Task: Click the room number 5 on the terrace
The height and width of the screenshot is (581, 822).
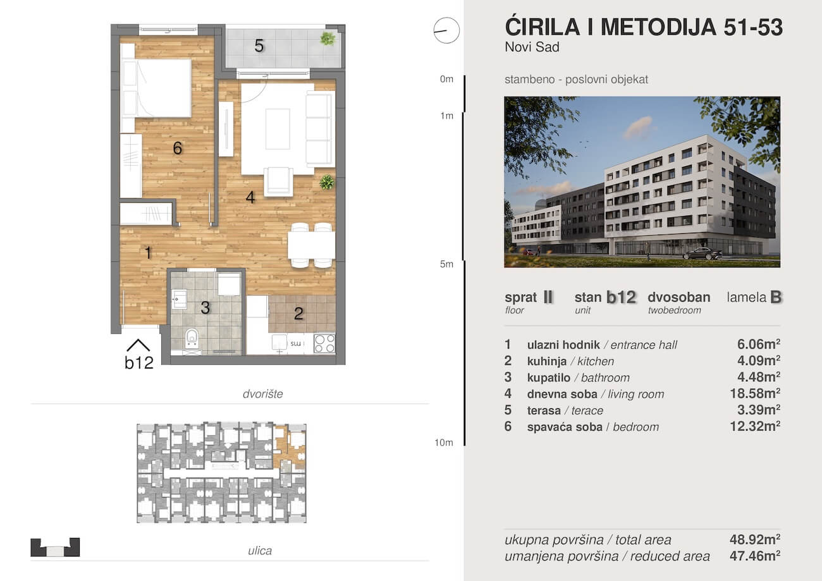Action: (259, 46)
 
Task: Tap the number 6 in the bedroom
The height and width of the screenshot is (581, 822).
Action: (178, 148)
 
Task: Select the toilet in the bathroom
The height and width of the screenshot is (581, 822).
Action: (192, 338)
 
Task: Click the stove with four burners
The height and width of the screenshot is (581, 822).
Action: (324, 343)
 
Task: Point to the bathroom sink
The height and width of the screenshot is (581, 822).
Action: (179, 299)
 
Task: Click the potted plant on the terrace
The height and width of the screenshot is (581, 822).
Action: (328, 39)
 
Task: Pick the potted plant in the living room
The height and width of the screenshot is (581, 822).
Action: (327, 182)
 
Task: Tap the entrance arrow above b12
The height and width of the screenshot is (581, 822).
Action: (138, 345)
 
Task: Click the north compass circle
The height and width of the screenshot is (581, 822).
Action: (446, 30)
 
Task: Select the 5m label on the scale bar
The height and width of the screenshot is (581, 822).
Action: (446, 264)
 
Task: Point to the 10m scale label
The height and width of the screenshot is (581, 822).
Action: (444, 443)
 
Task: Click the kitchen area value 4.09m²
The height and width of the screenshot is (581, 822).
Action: (759, 360)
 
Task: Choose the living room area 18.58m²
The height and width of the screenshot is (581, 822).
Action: (755, 393)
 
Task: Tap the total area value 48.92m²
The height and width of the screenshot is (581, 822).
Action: (755, 539)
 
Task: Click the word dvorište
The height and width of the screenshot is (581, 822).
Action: (263, 394)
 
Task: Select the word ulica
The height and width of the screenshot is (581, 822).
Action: (260, 551)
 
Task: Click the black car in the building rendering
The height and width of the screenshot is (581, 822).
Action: (702, 254)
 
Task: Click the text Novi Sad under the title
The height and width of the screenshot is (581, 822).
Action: (532, 47)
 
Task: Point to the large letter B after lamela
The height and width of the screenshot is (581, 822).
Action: (776, 297)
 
